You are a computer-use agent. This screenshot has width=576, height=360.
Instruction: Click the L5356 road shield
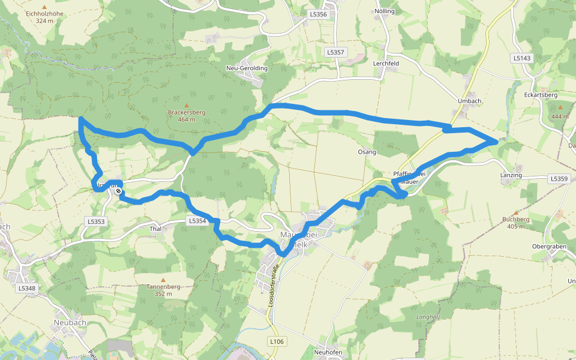point(319,14)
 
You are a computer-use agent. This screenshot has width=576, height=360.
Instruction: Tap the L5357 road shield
point(336,52)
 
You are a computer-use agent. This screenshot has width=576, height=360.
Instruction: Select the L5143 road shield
point(522,58)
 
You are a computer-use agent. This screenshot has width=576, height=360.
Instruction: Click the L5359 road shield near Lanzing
point(558,179)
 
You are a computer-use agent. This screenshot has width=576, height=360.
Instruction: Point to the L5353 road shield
point(95,221)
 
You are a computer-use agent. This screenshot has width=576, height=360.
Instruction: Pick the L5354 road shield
point(197,221)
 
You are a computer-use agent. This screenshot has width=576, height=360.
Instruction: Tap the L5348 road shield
point(27,288)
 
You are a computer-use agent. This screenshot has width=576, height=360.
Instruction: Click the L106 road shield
point(277,341)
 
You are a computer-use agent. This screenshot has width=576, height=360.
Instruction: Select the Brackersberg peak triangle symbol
point(186,106)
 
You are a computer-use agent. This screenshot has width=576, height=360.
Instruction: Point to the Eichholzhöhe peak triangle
point(44,7)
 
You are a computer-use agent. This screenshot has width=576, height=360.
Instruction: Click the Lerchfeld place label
point(386,63)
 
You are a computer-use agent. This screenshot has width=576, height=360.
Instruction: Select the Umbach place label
point(470,101)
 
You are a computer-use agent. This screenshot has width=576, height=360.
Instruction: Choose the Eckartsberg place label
point(541,95)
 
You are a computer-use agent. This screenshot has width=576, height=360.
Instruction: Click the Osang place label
point(367,152)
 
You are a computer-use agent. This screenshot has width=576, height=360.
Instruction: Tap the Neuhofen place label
point(328,352)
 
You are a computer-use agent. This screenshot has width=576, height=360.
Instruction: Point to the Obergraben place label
point(550,247)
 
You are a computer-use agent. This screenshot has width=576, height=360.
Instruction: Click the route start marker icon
point(119,191)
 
